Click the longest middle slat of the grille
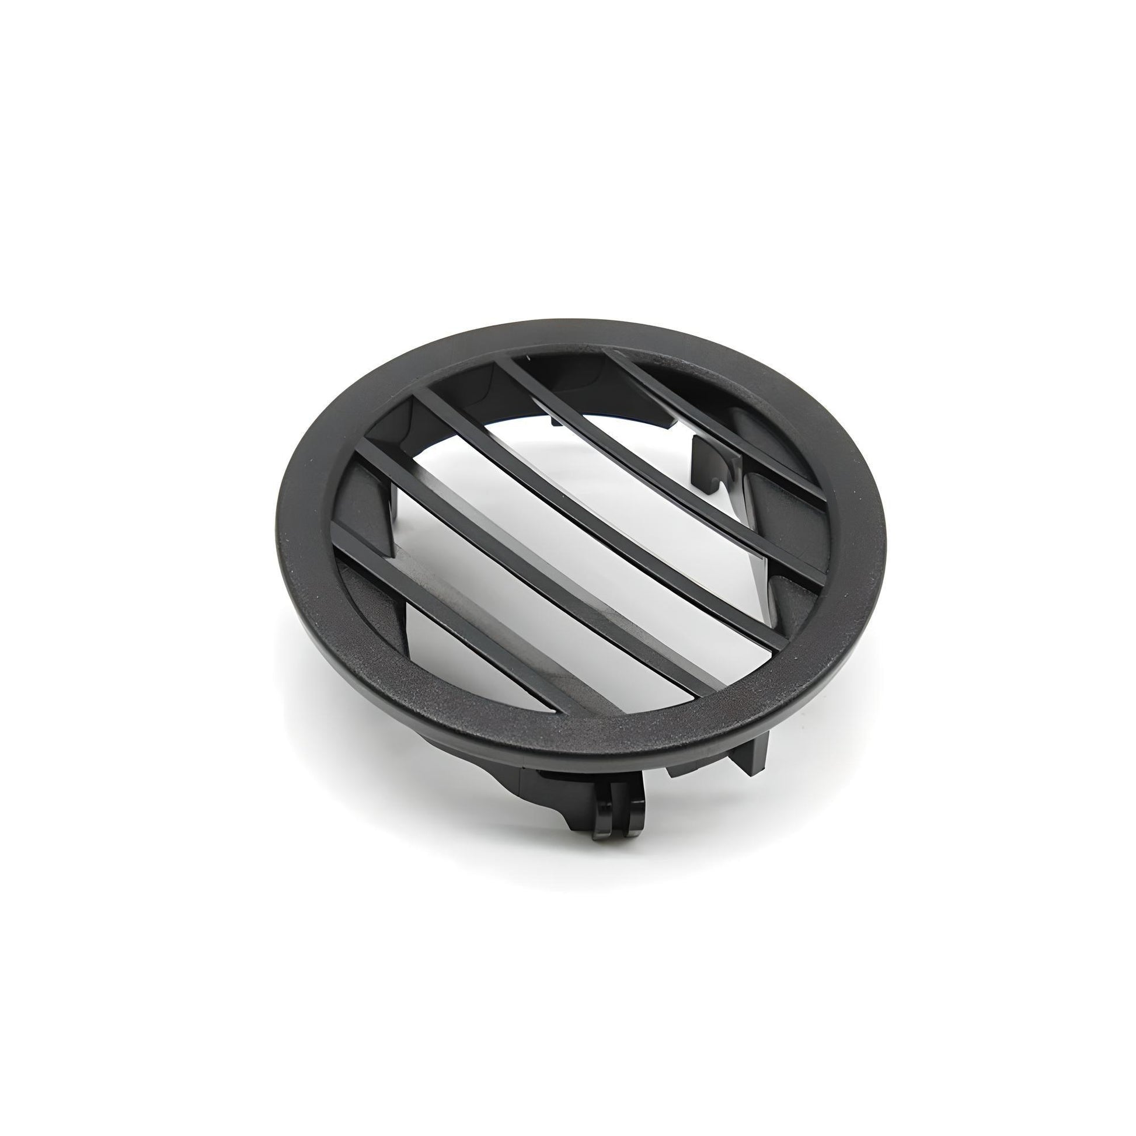(x=564, y=529)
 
